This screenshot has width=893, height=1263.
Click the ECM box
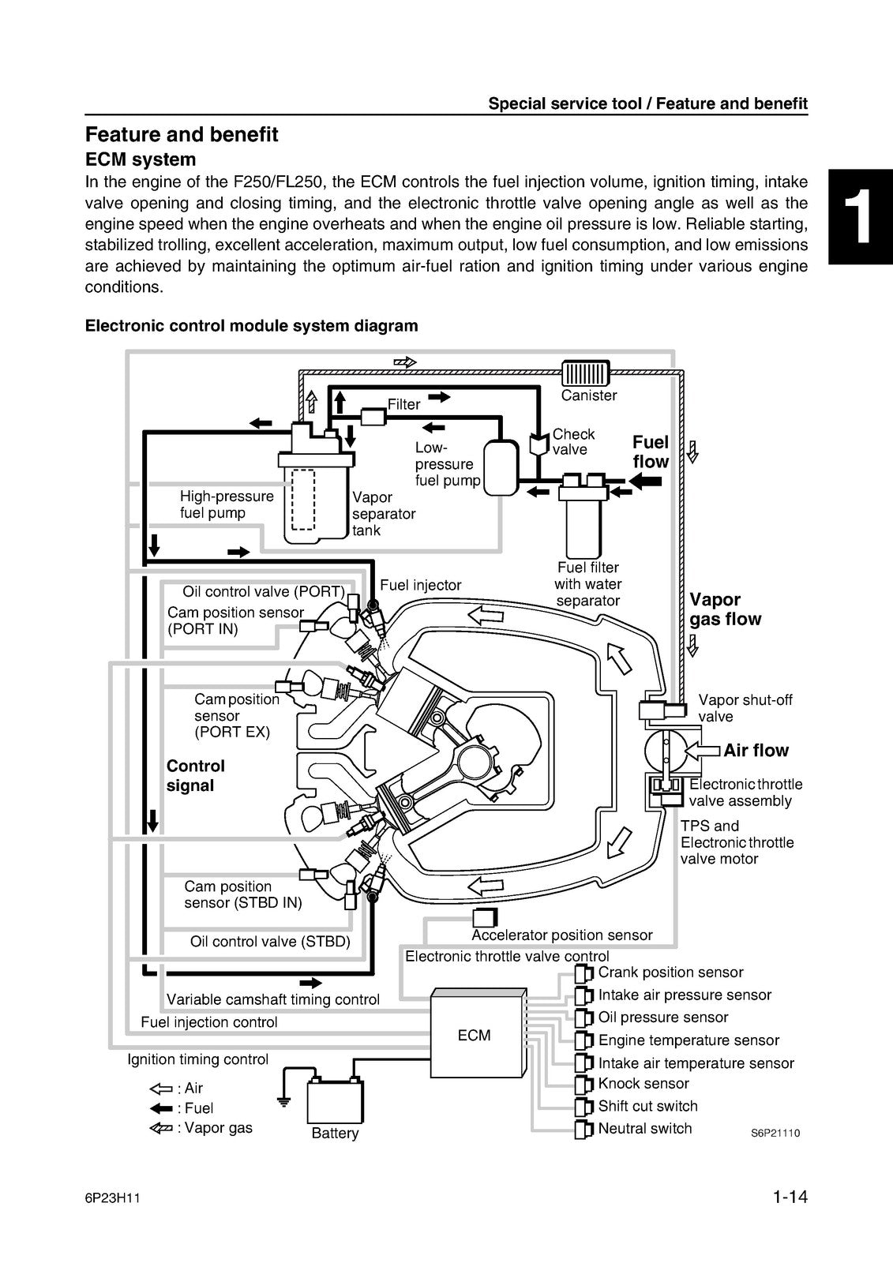478,1033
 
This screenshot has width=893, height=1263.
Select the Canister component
586,373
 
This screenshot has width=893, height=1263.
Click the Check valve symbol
538,444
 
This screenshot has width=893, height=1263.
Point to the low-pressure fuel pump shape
501,467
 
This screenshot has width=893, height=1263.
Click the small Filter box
373,417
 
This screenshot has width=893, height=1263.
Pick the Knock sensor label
643,1083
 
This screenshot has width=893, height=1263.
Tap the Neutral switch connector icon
583,1129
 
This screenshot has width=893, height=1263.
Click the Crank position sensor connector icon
583,973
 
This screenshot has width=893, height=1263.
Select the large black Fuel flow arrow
645,481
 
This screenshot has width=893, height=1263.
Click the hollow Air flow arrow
702,751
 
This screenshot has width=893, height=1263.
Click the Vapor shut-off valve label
745,708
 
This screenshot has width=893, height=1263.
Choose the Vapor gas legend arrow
161,1128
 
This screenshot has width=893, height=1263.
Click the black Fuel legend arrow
161,1108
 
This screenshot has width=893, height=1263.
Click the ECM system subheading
141,159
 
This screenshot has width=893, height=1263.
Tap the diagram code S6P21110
775,1133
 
